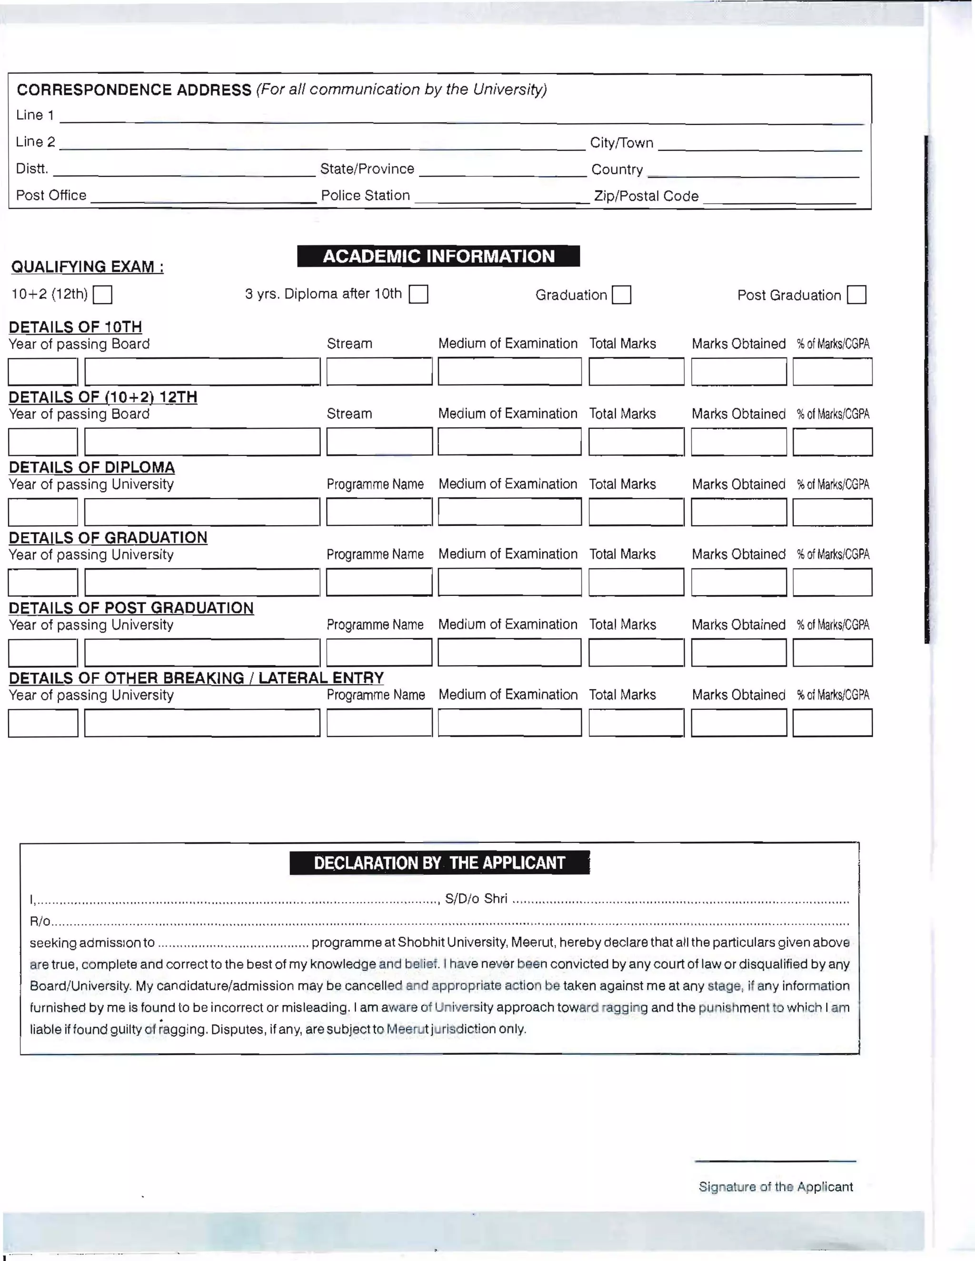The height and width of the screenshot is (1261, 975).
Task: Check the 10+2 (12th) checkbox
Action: point(103,295)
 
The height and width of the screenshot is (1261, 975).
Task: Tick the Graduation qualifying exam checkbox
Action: point(621,295)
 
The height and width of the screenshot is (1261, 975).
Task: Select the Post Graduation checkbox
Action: point(856,295)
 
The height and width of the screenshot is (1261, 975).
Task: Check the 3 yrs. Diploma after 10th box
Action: point(418,295)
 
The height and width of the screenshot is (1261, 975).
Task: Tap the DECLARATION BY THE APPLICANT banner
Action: point(439,863)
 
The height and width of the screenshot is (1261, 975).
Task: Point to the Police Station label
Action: point(365,196)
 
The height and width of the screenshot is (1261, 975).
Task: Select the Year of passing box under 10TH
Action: point(43,372)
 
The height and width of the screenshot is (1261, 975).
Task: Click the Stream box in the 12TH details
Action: point(379,442)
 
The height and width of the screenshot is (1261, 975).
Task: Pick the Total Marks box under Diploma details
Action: point(636,512)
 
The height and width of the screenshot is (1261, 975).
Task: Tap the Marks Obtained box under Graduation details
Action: point(738,582)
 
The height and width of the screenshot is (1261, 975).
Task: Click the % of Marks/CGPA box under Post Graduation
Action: point(832,653)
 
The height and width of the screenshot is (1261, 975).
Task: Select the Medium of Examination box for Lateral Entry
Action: point(509,723)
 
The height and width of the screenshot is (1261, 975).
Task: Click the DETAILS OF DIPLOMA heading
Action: point(91,467)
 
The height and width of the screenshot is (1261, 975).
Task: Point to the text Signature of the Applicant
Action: point(775,1187)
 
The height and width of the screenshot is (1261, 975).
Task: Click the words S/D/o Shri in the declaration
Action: point(476,898)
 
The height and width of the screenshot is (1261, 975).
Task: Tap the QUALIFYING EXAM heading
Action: point(87,267)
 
